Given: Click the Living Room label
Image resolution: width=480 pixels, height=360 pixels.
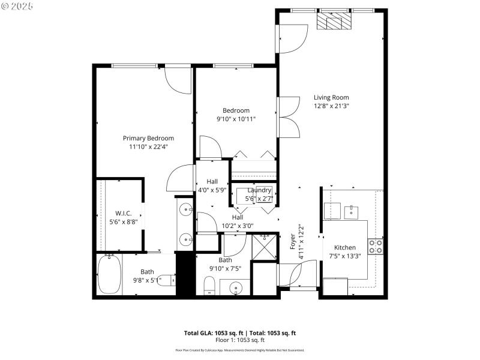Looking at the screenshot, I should pos(331,97).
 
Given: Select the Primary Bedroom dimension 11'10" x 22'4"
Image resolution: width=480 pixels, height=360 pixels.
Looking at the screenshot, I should pos(148,146).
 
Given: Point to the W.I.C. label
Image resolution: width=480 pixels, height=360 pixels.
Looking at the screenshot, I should pos(123,213).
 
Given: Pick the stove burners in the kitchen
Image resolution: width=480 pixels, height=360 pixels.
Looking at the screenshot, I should pos(376,246).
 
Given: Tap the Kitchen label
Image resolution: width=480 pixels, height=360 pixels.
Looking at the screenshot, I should pos(345,247).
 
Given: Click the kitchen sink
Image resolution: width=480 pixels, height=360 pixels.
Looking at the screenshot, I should pos(350,211).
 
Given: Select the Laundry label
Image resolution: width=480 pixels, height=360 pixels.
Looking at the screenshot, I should pos(259,190).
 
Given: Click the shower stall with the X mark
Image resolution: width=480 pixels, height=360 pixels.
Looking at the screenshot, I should pos(262,246).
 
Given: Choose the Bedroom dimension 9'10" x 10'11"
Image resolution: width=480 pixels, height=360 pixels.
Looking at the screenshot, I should pos(236,119).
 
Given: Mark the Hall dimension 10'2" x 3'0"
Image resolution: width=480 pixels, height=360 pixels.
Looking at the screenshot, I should pos(238,226).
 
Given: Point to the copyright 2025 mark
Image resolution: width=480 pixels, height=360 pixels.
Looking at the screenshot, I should pos(17,5).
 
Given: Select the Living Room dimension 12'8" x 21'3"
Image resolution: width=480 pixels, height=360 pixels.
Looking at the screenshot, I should pos(331,106).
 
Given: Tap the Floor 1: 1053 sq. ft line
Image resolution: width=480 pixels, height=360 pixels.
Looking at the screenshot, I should pos(239,340).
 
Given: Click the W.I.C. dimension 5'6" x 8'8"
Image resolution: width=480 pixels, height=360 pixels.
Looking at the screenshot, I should pos(123,221).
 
